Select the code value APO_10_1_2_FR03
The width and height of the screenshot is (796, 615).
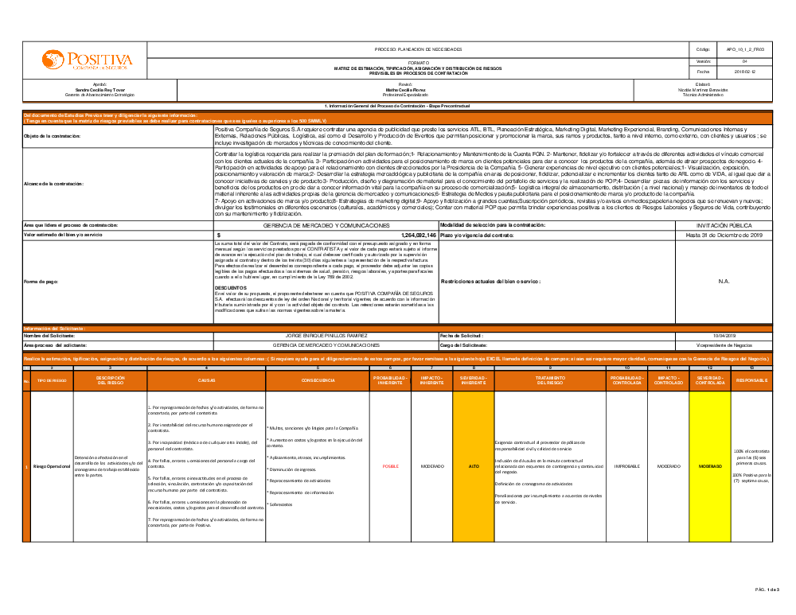point(744,49)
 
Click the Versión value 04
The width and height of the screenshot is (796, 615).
point(744,60)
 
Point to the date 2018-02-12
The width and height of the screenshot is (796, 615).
point(744,72)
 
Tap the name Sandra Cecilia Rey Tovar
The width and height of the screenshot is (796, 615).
point(99,90)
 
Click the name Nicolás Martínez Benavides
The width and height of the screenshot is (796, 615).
point(702,90)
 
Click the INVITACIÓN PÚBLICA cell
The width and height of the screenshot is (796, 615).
point(724,226)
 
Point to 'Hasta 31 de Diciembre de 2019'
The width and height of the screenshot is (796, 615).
point(724,235)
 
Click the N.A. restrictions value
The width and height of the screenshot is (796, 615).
point(724,281)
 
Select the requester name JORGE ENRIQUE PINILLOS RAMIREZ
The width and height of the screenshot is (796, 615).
point(326,336)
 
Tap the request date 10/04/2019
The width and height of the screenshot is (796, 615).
point(724,336)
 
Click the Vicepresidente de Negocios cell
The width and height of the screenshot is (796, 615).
point(724,345)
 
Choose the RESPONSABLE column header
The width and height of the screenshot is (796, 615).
point(751,381)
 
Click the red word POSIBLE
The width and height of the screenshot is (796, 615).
point(391,466)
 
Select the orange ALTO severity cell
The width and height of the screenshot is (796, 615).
point(473,466)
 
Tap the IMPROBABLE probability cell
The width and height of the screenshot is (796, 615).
point(627,466)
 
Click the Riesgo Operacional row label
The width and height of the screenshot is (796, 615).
point(52,466)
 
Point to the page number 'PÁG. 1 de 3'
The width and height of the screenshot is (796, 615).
point(767,590)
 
